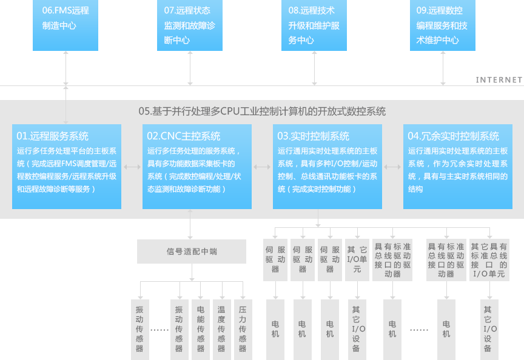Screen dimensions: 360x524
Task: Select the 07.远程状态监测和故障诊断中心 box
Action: click(x=190, y=25)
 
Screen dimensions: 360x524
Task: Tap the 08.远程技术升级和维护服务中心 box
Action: click(x=314, y=25)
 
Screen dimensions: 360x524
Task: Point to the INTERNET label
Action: click(x=499, y=79)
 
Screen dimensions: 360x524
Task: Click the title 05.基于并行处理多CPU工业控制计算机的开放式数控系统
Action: click(x=262, y=112)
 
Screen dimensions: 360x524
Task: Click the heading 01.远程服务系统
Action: click(x=53, y=136)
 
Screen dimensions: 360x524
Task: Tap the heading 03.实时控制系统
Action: click(x=314, y=136)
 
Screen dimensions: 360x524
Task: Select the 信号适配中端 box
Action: click(x=192, y=251)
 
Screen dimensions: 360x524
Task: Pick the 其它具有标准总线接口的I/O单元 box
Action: click(x=488, y=260)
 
